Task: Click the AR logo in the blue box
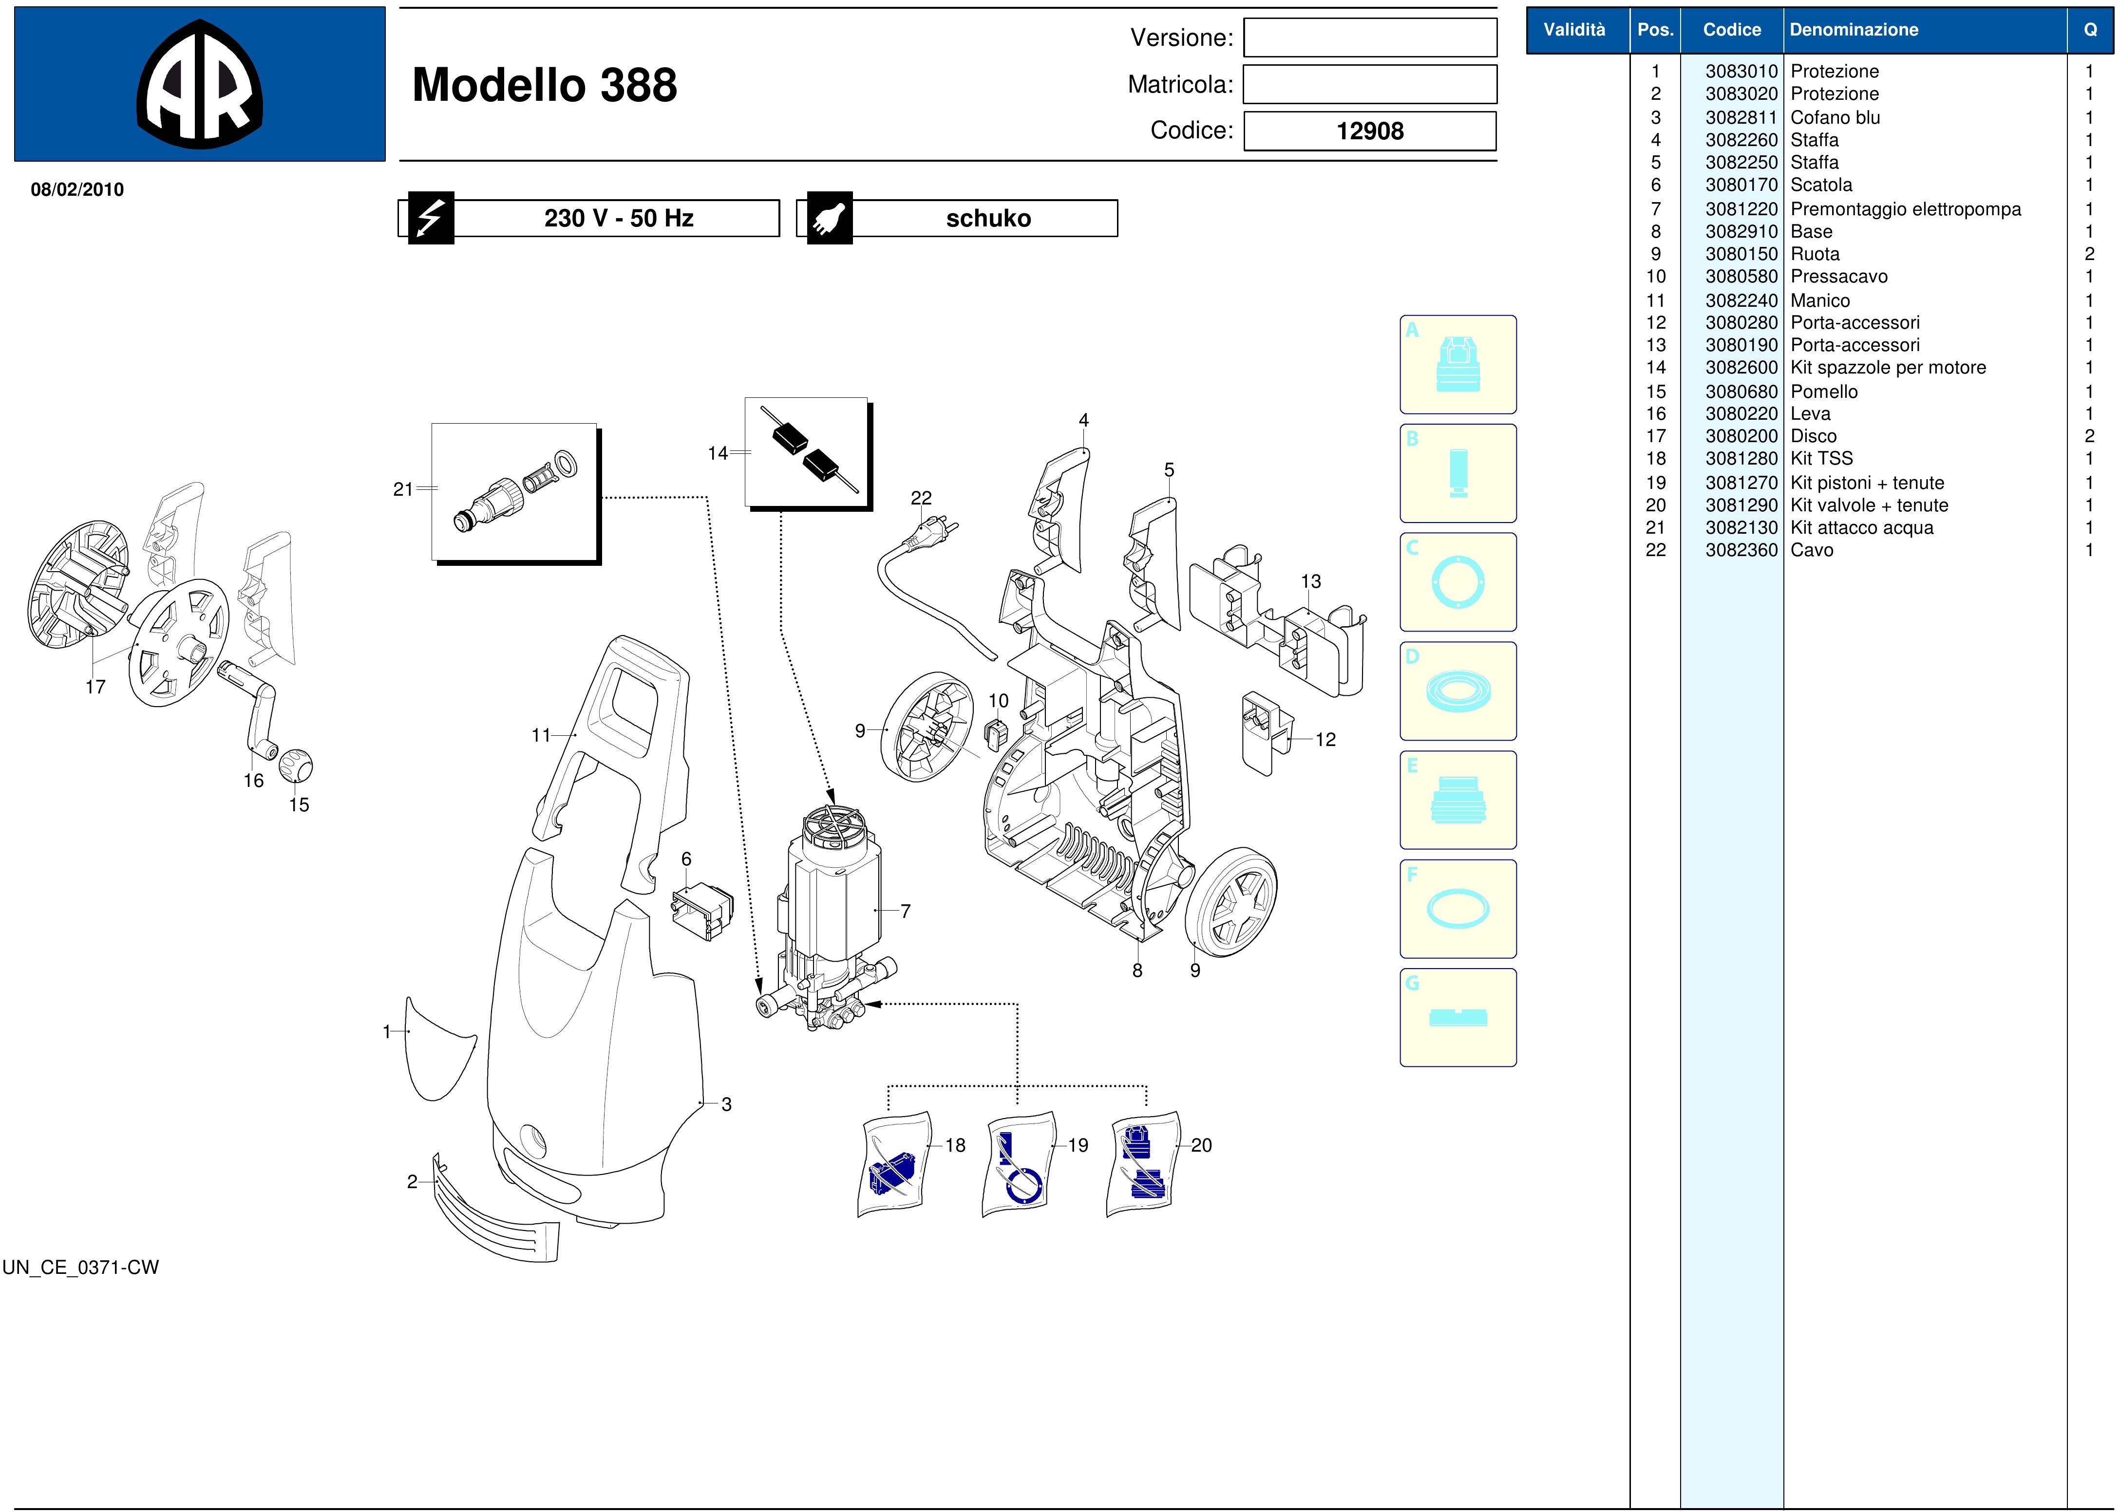pyautogui.click(x=199, y=84)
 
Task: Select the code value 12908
pyautogui.click(x=1369, y=131)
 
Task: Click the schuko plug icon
pyautogui.click(x=829, y=218)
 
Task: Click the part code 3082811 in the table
pyautogui.click(x=1741, y=117)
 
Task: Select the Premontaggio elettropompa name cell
pyautogui.click(x=1905, y=208)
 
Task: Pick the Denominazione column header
pyautogui.click(x=1854, y=30)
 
